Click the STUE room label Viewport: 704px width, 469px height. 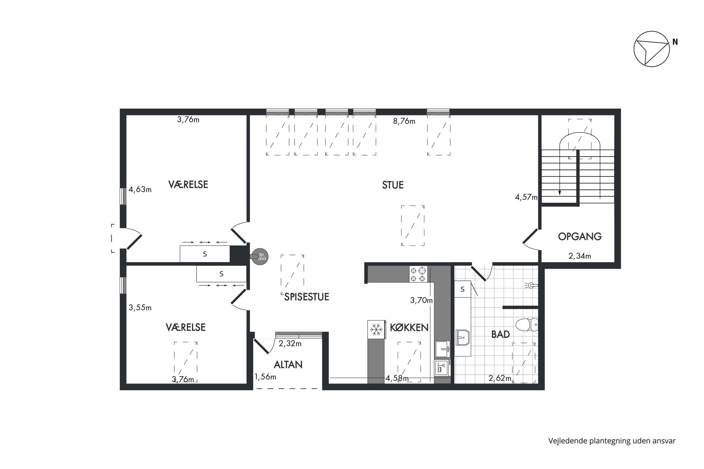[393, 185]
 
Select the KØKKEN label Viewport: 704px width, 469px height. [409, 328]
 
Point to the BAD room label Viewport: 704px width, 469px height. [501, 334]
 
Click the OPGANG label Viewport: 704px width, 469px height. [579, 237]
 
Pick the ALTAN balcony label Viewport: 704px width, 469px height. [288, 365]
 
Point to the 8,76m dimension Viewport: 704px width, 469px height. [404, 121]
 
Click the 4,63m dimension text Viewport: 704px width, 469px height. [140, 189]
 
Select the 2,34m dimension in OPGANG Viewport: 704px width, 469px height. [579, 256]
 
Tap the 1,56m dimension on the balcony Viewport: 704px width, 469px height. [265, 377]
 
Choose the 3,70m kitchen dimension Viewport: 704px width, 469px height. [421, 300]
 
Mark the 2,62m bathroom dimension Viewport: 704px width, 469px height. [500, 378]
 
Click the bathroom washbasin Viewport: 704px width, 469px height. [462, 337]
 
